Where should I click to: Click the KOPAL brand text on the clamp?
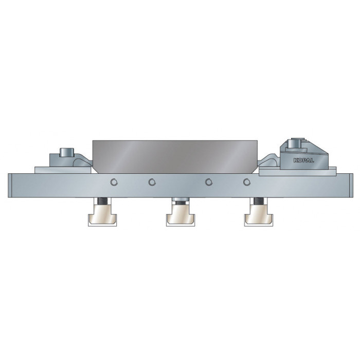[x=303, y=160]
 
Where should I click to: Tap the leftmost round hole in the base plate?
[x=114, y=182]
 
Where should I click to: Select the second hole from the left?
[x=152, y=182]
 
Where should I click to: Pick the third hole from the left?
[x=208, y=182]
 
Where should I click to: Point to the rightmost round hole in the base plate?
[x=246, y=182]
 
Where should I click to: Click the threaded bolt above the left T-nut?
[x=102, y=201]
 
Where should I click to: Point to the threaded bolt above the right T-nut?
[x=259, y=201]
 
